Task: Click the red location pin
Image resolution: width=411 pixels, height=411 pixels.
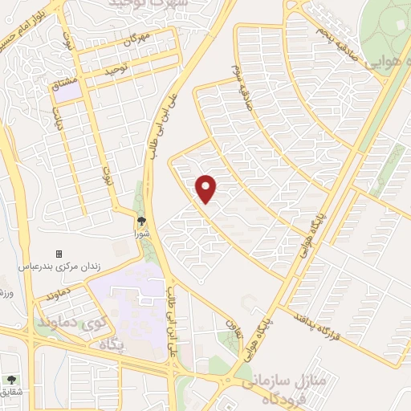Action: (x=207, y=188)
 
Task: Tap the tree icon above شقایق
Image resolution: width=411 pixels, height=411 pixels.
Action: (x=10, y=380)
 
